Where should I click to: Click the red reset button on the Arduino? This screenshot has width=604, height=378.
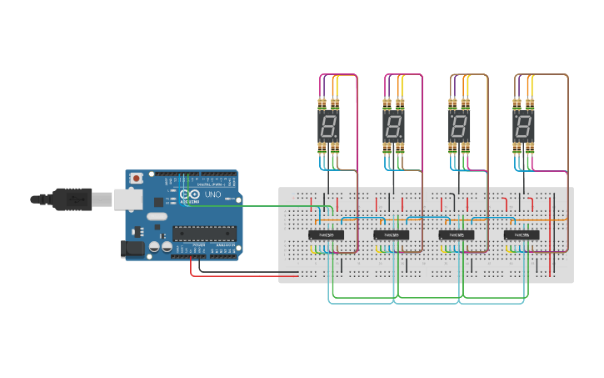(x=136, y=179)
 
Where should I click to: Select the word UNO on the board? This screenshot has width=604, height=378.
(x=212, y=195)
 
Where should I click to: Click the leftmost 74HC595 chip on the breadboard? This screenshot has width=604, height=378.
(x=327, y=235)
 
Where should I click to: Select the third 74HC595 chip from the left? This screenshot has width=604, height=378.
(x=457, y=235)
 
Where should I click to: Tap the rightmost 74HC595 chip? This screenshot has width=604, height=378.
(x=522, y=235)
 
